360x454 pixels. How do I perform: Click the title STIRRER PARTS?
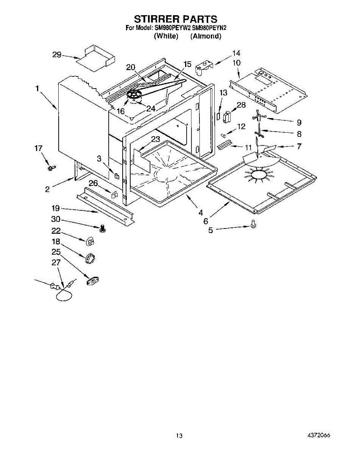176,19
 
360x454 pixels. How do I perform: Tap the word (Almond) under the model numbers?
206,36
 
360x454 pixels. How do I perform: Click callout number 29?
57,55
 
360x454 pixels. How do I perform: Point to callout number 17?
39,148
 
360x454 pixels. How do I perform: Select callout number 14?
236,53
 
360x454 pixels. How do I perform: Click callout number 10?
236,62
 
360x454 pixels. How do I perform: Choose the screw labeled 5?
253,225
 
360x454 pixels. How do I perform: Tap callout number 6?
206,221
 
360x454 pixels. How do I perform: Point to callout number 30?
55,220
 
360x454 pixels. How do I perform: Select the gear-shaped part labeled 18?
90,260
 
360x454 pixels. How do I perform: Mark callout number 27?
56,262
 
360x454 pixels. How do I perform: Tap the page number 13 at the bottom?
179,436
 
